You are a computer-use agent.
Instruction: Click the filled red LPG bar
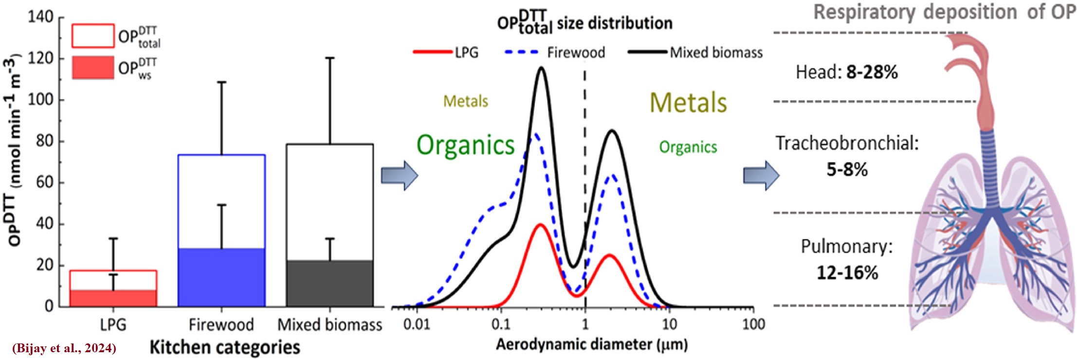pyautogui.click(x=113, y=298)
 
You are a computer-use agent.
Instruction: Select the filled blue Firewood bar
pyautogui.click(x=221, y=277)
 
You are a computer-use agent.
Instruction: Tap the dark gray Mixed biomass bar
pyautogui.click(x=330, y=283)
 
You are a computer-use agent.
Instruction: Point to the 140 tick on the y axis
pyautogui.click(x=41, y=17)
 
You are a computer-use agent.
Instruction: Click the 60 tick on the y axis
pyautogui.click(x=44, y=182)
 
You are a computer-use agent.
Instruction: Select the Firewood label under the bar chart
pyautogui.click(x=221, y=324)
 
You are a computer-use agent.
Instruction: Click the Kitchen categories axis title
pyautogui.click(x=224, y=347)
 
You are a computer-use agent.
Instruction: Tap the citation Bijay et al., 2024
pyautogui.click(x=64, y=348)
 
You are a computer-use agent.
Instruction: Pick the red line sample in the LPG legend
pyautogui.click(x=432, y=52)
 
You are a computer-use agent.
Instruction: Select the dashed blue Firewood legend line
pyautogui.click(x=522, y=52)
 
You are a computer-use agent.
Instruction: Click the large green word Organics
pyautogui.click(x=465, y=145)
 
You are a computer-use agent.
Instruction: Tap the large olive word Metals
pyautogui.click(x=688, y=103)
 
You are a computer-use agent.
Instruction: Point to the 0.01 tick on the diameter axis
pyautogui.click(x=417, y=324)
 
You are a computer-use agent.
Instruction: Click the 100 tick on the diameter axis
pyautogui.click(x=753, y=324)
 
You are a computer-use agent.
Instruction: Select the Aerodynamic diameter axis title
pyautogui.click(x=591, y=345)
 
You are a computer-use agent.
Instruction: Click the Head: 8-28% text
pyautogui.click(x=846, y=72)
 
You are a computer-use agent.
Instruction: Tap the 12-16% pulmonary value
pyautogui.click(x=847, y=272)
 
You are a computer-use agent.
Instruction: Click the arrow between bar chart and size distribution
pyautogui.click(x=399, y=176)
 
